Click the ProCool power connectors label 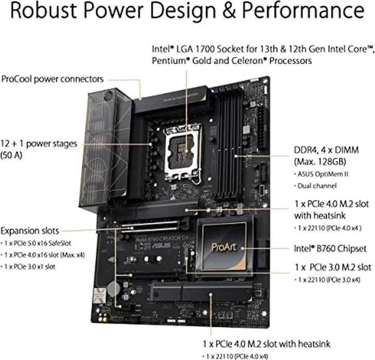tap(52, 79)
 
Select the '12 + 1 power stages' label tap(39, 143)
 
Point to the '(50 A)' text tap(15, 155)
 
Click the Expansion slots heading tap(30, 230)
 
